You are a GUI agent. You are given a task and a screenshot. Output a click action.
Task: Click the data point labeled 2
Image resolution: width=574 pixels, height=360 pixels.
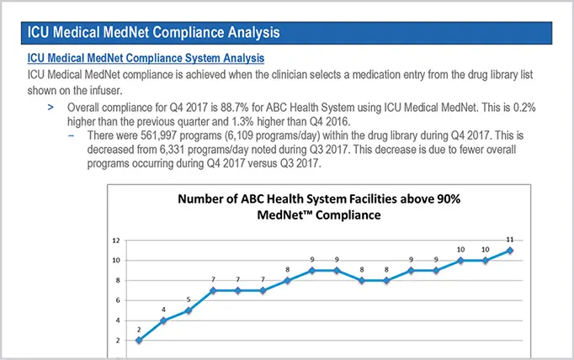pos(139,340)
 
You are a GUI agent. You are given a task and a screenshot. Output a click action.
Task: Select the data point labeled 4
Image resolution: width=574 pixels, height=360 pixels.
pos(163,320)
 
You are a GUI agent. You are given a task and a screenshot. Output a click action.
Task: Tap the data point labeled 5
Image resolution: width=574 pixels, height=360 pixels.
pos(189,310)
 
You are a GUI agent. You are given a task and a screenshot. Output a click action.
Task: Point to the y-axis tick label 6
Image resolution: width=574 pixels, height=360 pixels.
pos(117,300)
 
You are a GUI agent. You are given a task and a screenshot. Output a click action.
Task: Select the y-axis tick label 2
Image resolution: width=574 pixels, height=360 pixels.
pos(117,341)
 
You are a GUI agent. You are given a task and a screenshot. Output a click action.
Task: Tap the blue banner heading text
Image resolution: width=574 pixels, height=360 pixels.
pos(153,33)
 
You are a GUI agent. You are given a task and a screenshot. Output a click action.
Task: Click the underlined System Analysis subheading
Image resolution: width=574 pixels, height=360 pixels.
pos(146,59)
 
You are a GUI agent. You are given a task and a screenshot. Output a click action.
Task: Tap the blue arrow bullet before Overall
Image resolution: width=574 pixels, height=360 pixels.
pos(51,109)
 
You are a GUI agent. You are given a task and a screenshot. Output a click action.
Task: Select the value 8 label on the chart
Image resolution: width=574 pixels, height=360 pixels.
pos(288,270)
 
